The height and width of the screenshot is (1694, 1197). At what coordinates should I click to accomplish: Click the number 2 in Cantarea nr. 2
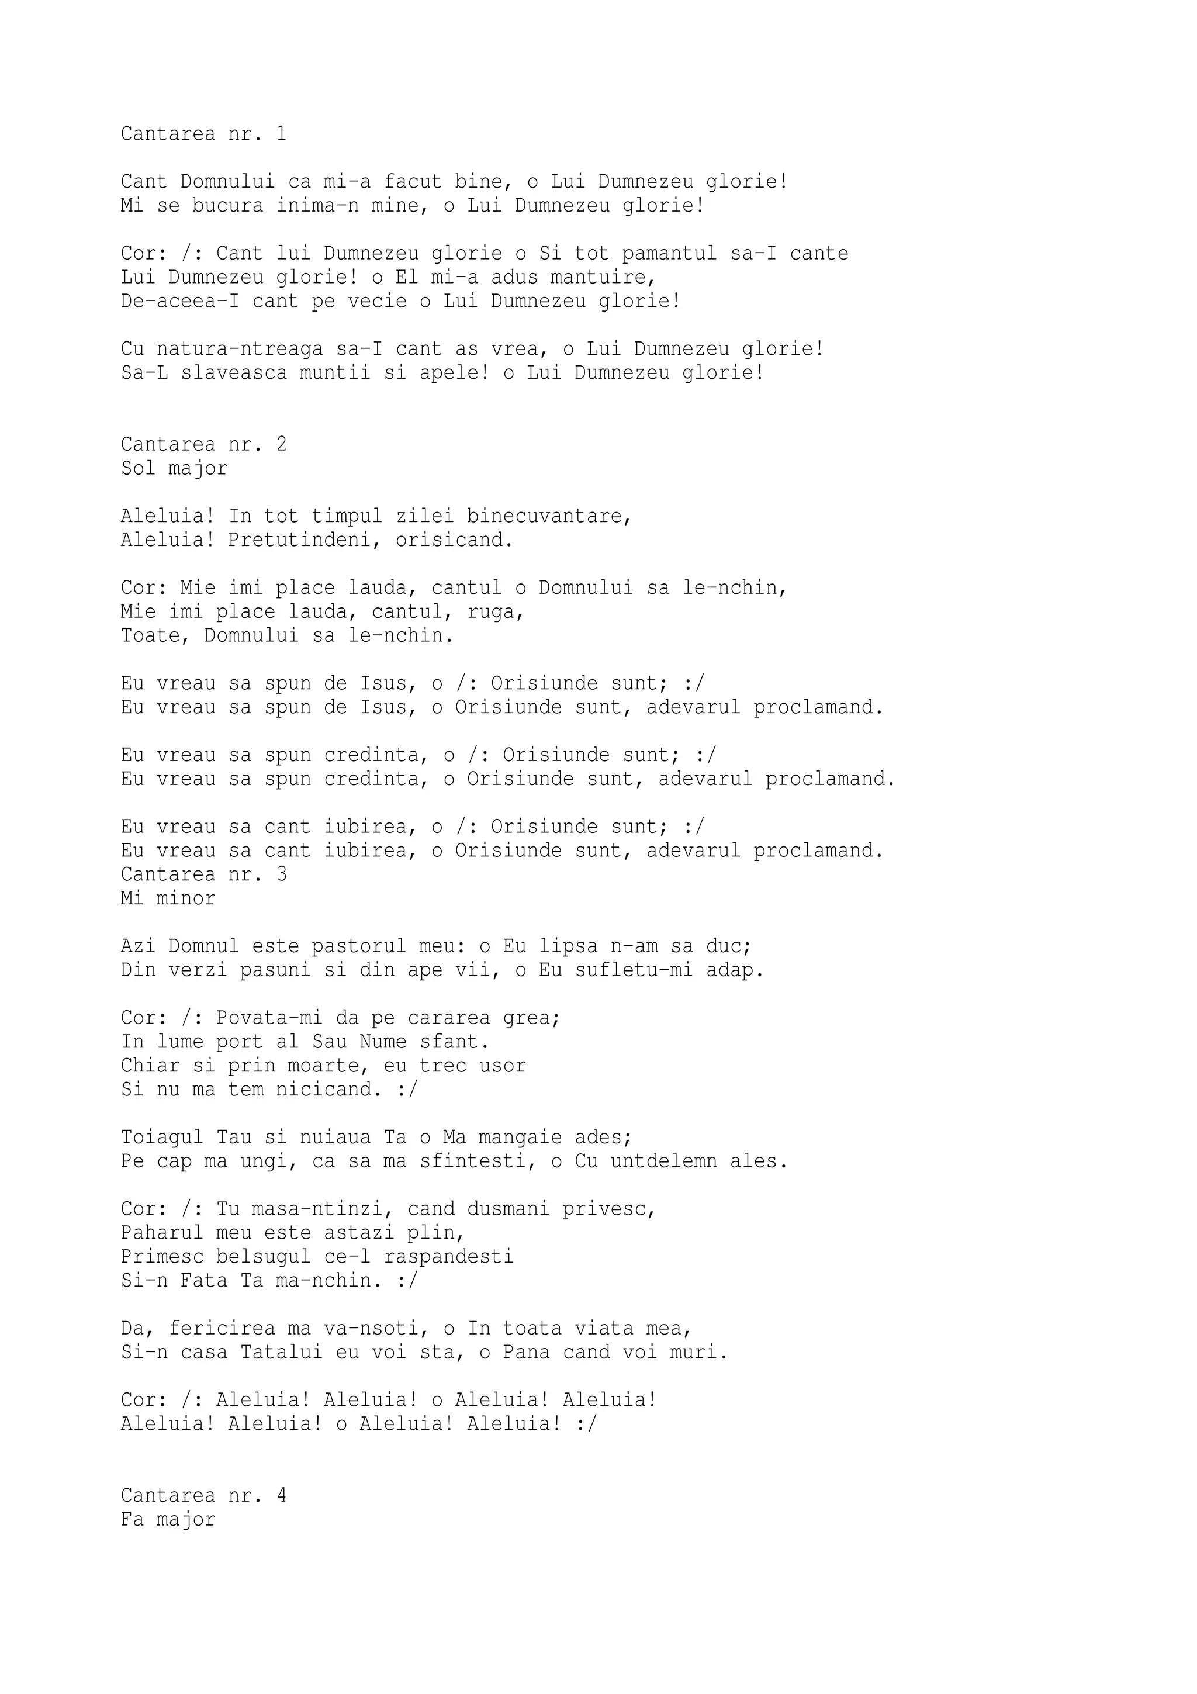point(281,444)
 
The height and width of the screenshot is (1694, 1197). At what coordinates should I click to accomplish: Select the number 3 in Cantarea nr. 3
point(281,874)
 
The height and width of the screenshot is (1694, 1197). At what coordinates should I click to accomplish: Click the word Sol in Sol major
point(139,468)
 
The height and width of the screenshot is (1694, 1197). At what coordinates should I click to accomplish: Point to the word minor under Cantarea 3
point(186,898)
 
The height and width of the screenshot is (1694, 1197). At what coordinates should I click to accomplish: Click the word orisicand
point(454,540)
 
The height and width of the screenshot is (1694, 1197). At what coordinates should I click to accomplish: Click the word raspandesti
point(448,1257)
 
